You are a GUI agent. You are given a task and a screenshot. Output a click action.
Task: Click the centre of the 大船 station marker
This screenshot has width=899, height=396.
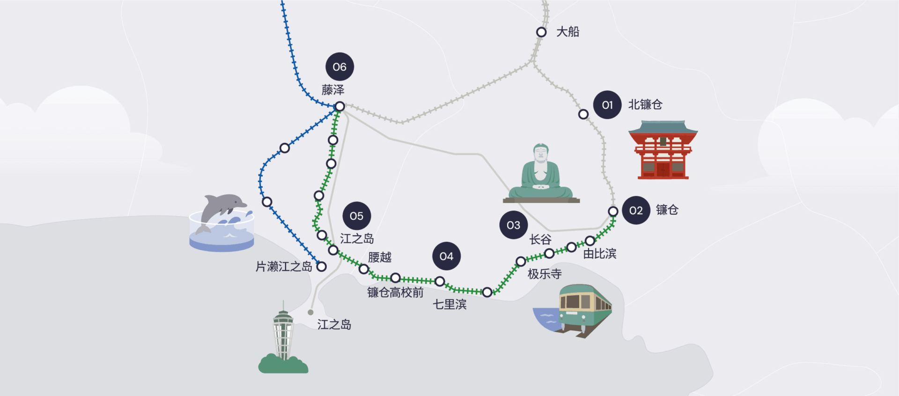[541, 32]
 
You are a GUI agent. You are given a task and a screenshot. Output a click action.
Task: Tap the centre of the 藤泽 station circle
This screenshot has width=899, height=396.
[340, 106]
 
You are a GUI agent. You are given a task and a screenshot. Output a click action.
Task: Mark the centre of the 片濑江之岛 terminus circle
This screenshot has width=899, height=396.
[322, 267]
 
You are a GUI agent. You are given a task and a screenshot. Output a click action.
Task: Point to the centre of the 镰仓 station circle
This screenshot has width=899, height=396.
[613, 211]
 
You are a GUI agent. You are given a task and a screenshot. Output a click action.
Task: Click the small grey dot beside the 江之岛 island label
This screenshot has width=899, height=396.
[310, 312]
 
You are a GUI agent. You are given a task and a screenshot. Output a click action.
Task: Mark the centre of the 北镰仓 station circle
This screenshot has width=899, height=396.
[583, 114]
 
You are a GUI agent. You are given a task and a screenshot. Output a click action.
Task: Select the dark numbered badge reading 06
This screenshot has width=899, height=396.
[339, 67]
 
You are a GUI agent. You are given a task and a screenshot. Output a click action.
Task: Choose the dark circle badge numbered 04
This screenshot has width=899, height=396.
[446, 256]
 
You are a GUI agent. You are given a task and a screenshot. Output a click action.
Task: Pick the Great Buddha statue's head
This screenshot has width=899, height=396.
[541, 153]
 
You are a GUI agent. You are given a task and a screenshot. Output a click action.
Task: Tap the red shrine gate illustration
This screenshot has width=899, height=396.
[663, 150]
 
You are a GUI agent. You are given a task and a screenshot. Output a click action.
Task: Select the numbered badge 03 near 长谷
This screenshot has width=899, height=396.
[514, 225]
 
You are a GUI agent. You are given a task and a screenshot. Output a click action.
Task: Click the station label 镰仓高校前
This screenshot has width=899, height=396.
[395, 292]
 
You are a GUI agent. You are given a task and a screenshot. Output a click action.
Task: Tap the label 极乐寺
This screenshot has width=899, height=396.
[545, 274]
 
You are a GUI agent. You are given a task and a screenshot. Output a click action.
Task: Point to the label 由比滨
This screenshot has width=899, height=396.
[600, 254]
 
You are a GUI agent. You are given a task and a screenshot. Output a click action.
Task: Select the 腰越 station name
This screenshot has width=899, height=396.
[380, 257]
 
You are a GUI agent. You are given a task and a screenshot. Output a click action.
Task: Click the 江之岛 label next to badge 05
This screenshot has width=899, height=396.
[357, 239]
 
